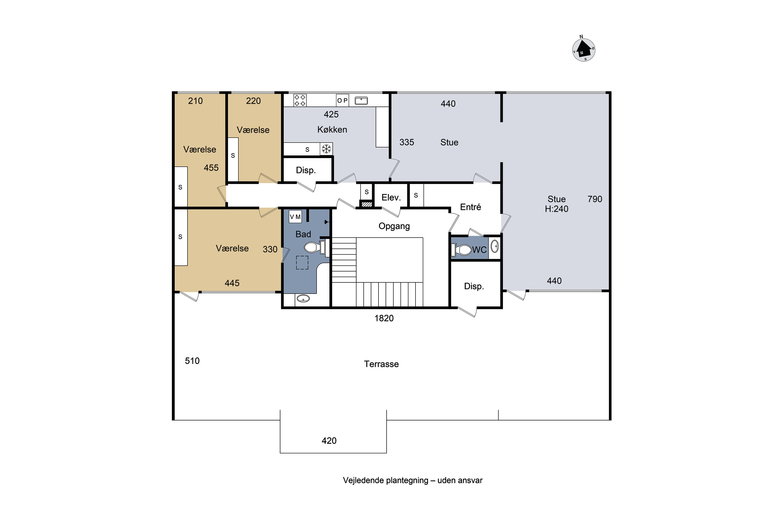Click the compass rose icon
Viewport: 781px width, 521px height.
(583, 49)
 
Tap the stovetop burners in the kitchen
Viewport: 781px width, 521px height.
(300, 100)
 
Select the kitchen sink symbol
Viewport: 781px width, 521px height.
(361, 101)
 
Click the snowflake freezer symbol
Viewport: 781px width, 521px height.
(326, 149)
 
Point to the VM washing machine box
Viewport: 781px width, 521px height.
(295, 217)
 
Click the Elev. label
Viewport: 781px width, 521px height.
(391, 198)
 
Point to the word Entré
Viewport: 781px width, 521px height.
(470, 207)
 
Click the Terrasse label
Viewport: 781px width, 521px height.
(381, 364)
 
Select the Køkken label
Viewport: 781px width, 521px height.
(332, 129)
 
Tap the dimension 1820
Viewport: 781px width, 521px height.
(384, 318)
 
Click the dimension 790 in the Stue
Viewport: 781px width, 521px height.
(595, 199)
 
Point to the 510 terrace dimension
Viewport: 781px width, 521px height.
(192, 361)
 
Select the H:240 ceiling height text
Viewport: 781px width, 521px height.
(557, 209)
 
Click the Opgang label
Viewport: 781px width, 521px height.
(394, 226)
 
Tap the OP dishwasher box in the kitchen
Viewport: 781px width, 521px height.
(342, 100)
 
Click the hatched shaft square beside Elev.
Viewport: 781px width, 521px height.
(367, 204)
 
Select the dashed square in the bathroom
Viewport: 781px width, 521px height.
(302, 263)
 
